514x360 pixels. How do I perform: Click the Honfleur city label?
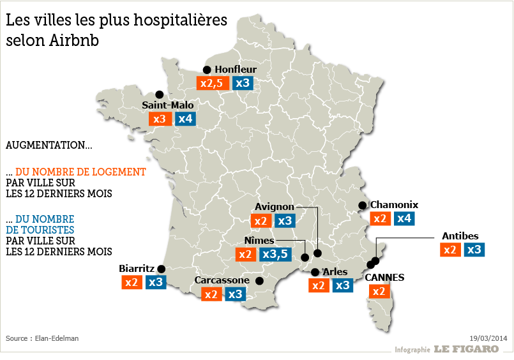coord(236,69)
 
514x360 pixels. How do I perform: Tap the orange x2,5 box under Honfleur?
coord(212,83)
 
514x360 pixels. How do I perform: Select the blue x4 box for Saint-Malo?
coord(185,119)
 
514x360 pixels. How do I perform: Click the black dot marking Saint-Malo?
coord(159,94)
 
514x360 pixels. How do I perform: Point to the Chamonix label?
coord(394,205)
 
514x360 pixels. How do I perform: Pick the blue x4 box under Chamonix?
coord(403,219)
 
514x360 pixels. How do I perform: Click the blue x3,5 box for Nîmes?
coord(276,255)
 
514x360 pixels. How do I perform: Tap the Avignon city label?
coord(274,207)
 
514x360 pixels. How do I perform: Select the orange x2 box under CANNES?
coord(379,292)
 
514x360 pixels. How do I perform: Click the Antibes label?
coord(460,236)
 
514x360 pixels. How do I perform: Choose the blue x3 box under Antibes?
coord(474,250)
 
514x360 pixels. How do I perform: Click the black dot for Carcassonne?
coord(259,281)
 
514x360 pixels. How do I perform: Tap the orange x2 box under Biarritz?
coord(132,282)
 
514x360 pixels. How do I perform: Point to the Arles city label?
coord(335,272)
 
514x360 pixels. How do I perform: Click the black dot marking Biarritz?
coord(162,269)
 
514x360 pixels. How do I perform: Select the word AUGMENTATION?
coord(45,146)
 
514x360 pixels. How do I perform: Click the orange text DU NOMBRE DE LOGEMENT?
coord(80,172)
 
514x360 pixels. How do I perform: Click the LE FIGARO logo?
coord(466,349)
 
